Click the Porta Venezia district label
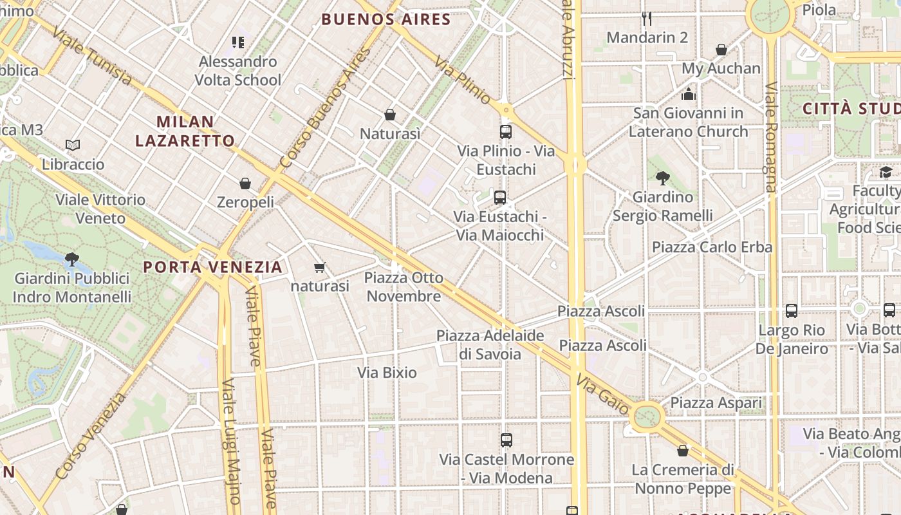click(212, 267)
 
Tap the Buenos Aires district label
click(385, 19)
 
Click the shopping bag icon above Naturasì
click(389, 115)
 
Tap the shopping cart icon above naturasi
click(319, 267)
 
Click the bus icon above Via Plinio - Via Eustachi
click(506, 132)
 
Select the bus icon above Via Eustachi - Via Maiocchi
click(500, 198)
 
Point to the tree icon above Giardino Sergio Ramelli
click(662, 178)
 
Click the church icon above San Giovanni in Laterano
click(689, 95)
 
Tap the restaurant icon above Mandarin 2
click(647, 18)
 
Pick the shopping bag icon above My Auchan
click(721, 50)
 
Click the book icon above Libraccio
click(73, 145)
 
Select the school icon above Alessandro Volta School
click(238, 42)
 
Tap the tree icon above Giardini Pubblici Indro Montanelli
click(71, 259)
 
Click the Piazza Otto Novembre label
click(404, 287)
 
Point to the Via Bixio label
click(387, 372)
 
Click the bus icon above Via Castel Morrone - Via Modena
click(506, 440)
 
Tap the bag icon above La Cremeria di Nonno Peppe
click(683, 451)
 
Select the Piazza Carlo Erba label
click(712, 247)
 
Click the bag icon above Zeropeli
click(245, 183)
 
